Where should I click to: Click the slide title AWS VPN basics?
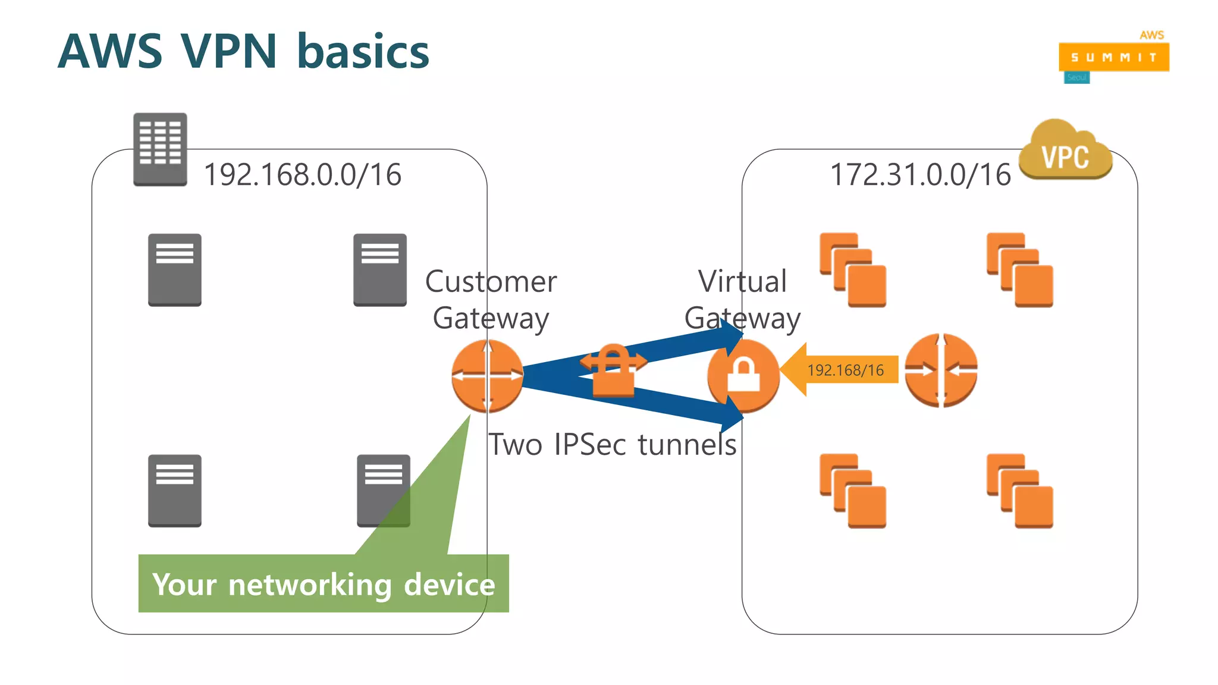coord(243,52)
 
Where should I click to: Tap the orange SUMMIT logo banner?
coord(1113,57)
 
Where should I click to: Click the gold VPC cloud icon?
coord(1065,153)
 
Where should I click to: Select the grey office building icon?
coord(160,149)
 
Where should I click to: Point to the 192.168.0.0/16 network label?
coord(302,175)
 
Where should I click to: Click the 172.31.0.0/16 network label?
coord(920,175)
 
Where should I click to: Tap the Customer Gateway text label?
coord(491,299)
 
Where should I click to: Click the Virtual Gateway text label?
coord(742,299)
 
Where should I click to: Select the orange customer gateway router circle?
coord(487,376)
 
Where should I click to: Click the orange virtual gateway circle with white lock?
coord(743,376)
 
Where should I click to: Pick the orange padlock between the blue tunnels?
coord(613,372)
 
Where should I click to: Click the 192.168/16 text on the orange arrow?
coord(845,370)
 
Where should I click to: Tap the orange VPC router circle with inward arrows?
coord(941,370)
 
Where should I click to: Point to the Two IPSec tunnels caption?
coord(613,445)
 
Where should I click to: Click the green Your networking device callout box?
coord(324,584)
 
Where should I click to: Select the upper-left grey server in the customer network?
coord(175,270)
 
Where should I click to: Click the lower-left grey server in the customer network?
coord(175,491)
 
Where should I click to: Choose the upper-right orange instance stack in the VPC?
coord(1019,270)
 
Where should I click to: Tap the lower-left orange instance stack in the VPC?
coord(853,491)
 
